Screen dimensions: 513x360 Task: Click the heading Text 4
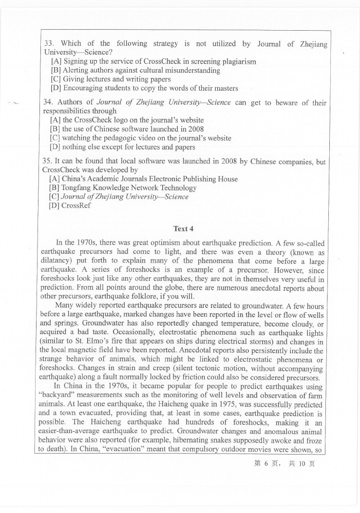(183, 228)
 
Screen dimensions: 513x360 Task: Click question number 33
(48, 44)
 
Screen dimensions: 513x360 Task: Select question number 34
(48, 102)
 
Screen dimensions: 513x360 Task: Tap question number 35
(47, 161)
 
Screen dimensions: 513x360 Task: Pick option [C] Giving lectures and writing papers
(111, 79)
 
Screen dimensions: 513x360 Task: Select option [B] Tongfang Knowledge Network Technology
(122, 188)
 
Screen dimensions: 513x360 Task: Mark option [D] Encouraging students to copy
(144, 88)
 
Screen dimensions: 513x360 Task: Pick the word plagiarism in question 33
(237, 61)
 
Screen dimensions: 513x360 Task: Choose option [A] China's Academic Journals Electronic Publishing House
(143, 179)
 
